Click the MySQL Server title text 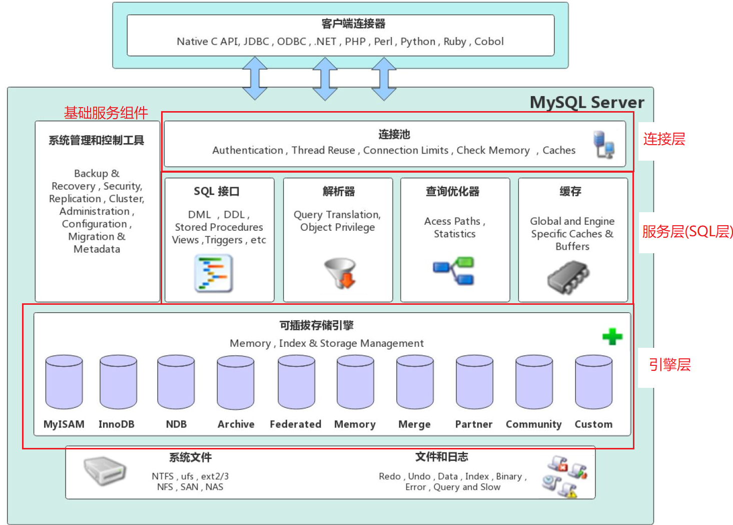587,102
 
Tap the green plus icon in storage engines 612,336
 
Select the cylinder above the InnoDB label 118,382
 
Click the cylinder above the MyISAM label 64,382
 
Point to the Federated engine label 295,424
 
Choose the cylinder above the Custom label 593,382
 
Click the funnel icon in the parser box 341,273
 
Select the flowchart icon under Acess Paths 454,271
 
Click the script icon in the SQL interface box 214,273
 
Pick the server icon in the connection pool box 603,145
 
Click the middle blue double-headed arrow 325,79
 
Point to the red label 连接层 664,139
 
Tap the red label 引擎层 669,365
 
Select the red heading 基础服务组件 106,113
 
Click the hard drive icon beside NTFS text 105,470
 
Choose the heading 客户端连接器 353,24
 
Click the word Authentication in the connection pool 248,150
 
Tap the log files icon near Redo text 565,476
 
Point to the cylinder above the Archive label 236,382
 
